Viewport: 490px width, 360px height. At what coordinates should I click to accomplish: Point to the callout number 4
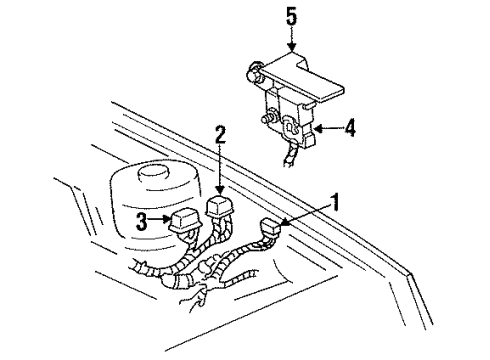tap(348, 127)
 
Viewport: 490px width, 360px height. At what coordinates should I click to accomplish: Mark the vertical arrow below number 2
tap(219, 170)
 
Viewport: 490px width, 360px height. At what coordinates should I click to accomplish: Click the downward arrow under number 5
tap(290, 38)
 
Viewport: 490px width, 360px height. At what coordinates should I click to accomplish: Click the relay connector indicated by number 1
tap(270, 233)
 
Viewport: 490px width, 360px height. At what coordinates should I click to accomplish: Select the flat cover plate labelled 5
tap(295, 75)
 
